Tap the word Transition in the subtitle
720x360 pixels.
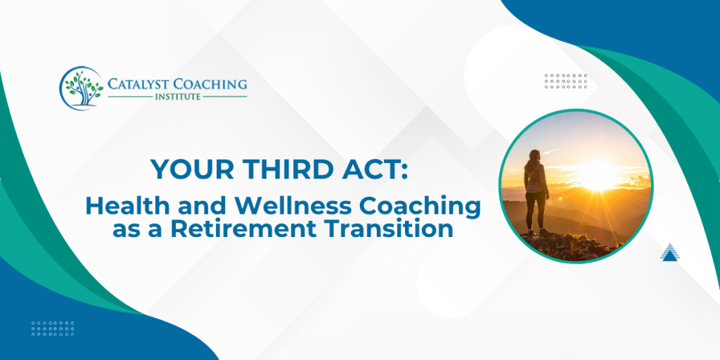[x=393, y=229]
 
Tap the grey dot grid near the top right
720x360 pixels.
[x=565, y=81]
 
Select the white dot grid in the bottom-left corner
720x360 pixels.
[x=53, y=328]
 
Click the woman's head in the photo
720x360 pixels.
[x=535, y=154]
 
